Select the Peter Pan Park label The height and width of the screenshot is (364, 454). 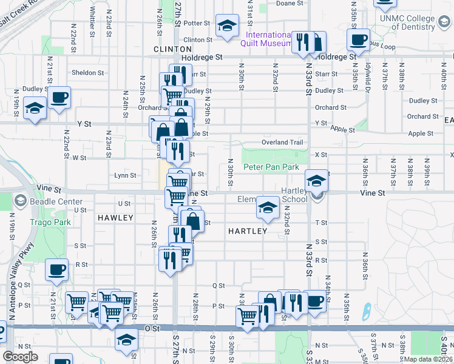pyautogui.click(x=271, y=166)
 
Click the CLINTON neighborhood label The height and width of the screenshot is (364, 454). pyautogui.click(x=168, y=49)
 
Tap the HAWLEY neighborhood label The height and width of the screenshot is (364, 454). pyautogui.click(x=115, y=217)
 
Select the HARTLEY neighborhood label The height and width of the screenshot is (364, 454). pyautogui.click(x=248, y=231)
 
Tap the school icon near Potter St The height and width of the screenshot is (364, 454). pyautogui.click(x=228, y=25)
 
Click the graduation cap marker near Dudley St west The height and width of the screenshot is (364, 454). pyautogui.click(x=35, y=109)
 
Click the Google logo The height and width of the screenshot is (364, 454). pyautogui.click(x=21, y=357)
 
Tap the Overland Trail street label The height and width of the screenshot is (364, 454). pyautogui.click(x=282, y=142)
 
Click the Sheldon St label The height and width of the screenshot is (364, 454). pyautogui.click(x=87, y=73)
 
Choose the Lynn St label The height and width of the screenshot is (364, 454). pyautogui.click(x=125, y=175)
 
